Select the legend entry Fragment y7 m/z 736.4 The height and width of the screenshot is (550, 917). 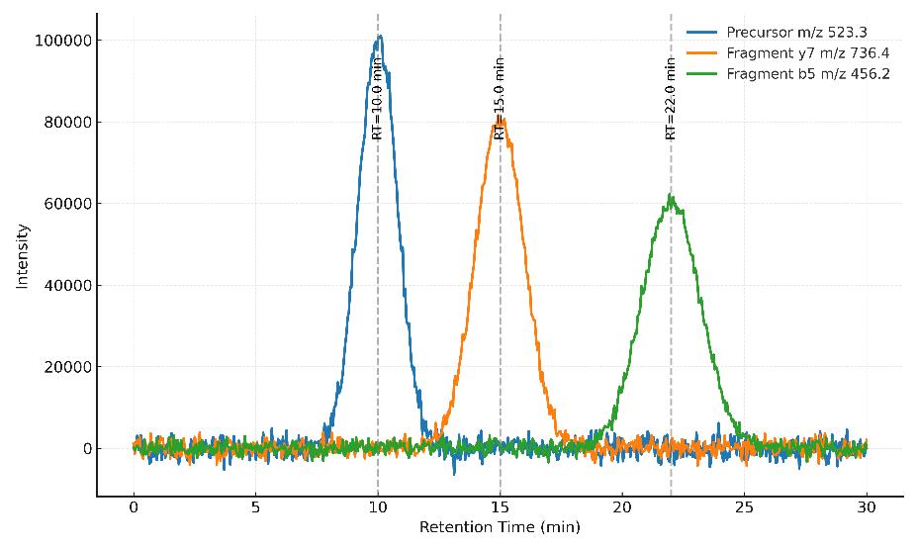(x=807, y=52)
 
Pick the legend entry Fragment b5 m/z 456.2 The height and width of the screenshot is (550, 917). (x=807, y=74)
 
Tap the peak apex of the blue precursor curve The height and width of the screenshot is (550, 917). (x=379, y=37)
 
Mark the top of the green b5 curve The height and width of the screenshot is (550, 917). (x=671, y=196)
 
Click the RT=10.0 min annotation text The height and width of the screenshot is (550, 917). (x=377, y=98)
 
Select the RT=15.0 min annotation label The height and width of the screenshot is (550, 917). (x=500, y=98)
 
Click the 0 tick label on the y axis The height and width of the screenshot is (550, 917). (x=87, y=449)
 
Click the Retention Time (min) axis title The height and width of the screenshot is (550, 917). (x=500, y=527)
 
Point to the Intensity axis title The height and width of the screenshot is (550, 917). (x=22, y=256)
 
